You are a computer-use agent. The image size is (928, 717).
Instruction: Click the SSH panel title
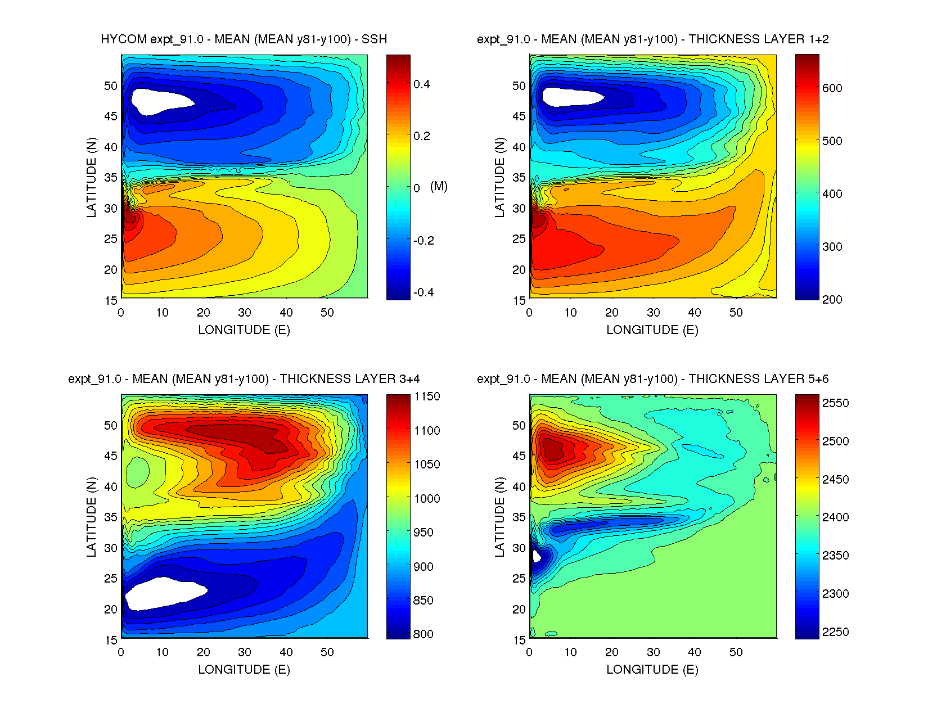(244, 39)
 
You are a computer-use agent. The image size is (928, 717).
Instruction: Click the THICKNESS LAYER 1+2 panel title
(652, 39)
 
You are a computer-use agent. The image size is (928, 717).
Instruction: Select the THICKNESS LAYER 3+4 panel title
(244, 379)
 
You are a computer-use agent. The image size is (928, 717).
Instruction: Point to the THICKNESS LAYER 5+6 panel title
(652, 379)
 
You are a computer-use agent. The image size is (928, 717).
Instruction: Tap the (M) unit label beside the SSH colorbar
(439, 186)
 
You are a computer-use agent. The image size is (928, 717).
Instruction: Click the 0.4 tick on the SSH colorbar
(421, 84)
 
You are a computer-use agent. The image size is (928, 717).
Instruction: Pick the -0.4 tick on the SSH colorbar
(423, 292)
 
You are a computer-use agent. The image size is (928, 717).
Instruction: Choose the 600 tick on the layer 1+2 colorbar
(832, 88)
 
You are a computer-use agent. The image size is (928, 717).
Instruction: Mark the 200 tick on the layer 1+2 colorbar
(832, 299)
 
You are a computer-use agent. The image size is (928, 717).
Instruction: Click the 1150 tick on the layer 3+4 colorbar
(427, 396)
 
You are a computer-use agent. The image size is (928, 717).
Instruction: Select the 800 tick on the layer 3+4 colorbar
(423, 634)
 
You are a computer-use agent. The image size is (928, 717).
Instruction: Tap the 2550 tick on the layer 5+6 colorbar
(835, 403)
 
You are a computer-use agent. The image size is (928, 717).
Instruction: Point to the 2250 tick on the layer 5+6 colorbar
(835, 632)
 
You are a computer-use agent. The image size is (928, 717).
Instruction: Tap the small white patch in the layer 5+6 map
(536, 556)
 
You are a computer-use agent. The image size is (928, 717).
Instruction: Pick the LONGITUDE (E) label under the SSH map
(244, 330)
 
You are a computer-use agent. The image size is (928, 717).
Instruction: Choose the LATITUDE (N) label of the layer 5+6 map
(499, 517)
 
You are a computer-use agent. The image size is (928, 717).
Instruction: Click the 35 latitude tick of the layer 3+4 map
(111, 517)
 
